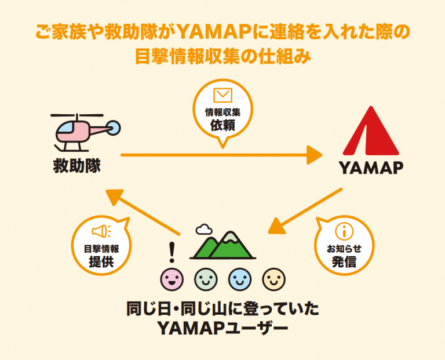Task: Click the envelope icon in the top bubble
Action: [222, 95]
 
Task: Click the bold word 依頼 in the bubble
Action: [222, 125]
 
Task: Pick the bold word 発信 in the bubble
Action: [344, 262]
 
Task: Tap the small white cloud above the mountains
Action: [204, 230]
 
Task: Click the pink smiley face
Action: [170, 280]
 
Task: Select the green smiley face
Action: [205, 280]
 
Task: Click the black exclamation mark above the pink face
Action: [171, 252]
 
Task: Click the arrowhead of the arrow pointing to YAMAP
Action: [315, 155]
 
